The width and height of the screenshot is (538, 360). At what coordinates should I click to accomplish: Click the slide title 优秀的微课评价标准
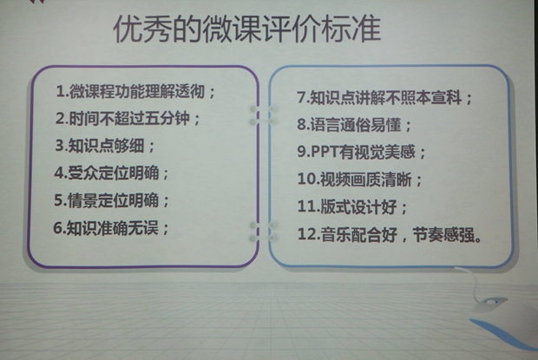click(x=247, y=29)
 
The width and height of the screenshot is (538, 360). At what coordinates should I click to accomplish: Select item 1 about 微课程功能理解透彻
click(x=136, y=92)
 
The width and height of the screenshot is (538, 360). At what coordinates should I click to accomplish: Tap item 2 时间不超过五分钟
click(x=128, y=119)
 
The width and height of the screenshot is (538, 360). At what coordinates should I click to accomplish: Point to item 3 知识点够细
click(x=105, y=146)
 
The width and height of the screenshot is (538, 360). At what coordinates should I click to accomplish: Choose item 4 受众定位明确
click(x=112, y=173)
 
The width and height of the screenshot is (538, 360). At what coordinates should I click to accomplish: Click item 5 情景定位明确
click(x=112, y=200)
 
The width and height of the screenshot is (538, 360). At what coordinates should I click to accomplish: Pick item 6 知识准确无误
click(x=111, y=228)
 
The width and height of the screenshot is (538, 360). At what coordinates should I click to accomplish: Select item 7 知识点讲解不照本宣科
click(x=385, y=98)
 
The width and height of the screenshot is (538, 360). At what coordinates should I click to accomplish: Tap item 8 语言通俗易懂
click(x=354, y=125)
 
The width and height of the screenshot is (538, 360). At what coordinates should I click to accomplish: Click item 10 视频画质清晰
click(x=360, y=180)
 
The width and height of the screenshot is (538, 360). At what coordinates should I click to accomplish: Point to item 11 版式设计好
click(x=352, y=206)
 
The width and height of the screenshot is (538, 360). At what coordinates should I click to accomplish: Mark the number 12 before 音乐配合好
click(x=307, y=234)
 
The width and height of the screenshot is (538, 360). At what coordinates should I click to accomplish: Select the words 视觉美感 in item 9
click(x=385, y=152)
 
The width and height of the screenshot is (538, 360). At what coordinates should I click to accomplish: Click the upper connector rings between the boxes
click(x=263, y=115)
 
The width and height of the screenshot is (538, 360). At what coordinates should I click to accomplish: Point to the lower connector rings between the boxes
click(x=263, y=231)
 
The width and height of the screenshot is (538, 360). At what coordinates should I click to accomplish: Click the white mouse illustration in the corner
click(x=490, y=303)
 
